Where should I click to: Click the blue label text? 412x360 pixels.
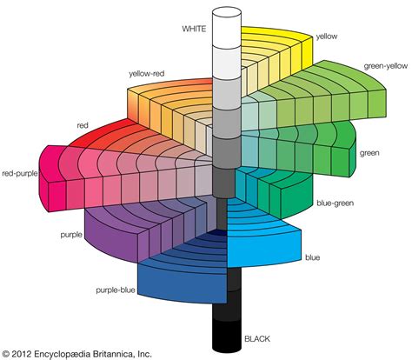313,257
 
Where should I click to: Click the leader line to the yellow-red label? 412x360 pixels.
153,80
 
